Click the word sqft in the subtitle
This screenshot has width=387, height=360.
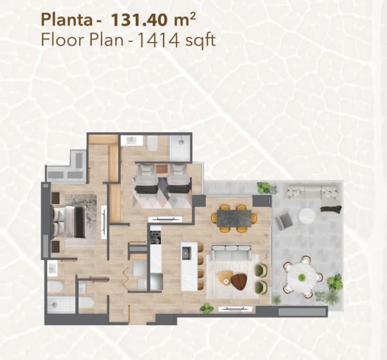point(198,41)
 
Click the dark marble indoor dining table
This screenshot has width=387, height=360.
point(234,219)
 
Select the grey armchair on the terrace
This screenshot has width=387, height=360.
point(283,220)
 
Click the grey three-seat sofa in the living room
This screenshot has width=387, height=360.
point(231,252)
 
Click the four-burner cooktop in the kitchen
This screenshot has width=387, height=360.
point(155,237)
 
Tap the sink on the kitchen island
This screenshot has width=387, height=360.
point(186,253)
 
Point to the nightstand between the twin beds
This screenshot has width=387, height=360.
point(162,169)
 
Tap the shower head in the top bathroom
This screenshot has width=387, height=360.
point(181,142)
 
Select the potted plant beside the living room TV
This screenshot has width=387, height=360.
point(207,308)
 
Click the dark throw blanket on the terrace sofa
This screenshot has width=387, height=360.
point(331,209)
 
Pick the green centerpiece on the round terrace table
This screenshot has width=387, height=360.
point(302,277)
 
